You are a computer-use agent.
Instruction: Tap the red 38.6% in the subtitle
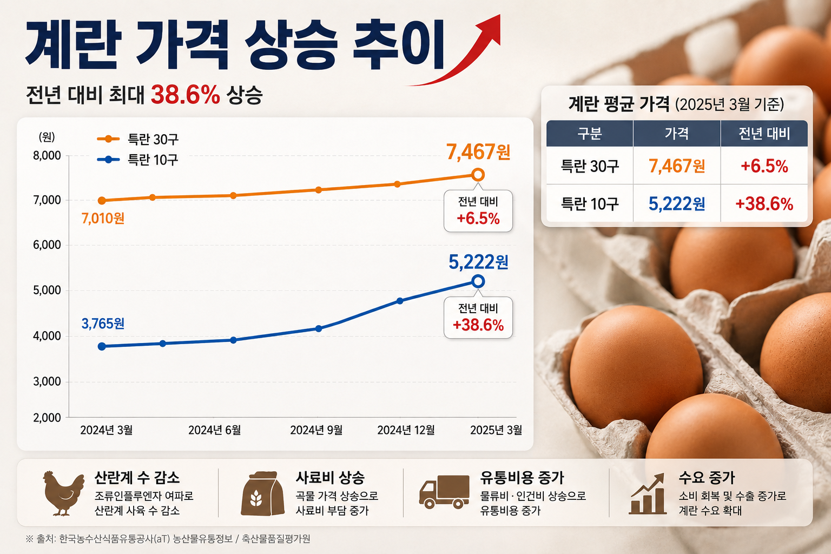185,95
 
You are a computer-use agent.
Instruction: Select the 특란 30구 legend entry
137,139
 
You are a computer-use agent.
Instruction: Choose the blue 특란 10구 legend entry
137,160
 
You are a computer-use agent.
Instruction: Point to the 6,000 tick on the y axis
47,245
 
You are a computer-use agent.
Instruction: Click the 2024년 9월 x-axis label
316,430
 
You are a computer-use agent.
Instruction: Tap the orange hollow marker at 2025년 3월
478,174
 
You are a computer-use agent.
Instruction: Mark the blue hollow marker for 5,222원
478,281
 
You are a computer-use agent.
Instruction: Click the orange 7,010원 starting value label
103,218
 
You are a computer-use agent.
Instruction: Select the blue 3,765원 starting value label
103,324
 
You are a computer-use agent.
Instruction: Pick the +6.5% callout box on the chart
478,211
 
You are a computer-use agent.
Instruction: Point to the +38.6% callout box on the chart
478,318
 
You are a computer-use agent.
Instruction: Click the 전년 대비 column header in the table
764,134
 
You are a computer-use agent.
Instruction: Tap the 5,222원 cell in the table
677,204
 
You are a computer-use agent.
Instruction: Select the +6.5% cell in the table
764,166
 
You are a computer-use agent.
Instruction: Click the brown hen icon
63,493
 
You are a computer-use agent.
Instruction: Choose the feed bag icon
262,493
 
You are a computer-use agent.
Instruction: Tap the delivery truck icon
444,492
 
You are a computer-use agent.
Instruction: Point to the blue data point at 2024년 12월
400,301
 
